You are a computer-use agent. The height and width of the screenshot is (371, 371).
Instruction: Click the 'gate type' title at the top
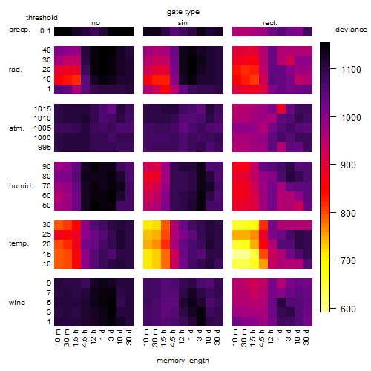click(183, 12)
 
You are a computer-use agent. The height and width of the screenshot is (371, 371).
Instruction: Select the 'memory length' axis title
click(183, 361)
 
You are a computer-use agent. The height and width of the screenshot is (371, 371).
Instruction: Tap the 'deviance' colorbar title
click(351, 30)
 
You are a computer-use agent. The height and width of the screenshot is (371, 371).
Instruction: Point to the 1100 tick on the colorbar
click(333, 69)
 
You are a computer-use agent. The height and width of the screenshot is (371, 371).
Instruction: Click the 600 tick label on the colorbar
click(348, 309)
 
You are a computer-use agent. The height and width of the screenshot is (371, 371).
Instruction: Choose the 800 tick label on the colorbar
click(348, 213)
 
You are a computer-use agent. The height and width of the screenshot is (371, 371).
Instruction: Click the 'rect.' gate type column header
click(270, 23)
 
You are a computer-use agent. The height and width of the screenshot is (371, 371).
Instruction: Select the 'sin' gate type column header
click(183, 23)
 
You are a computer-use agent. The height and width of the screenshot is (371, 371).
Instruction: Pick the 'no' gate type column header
click(96, 23)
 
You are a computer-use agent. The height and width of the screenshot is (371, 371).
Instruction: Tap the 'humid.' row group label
click(21, 186)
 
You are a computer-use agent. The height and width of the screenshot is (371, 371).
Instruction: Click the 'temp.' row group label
click(19, 243)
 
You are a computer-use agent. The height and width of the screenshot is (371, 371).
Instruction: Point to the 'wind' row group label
click(17, 303)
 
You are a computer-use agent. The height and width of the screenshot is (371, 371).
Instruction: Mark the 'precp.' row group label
click(19, 30)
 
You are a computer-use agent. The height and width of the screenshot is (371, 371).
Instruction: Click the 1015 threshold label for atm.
click(42, 109)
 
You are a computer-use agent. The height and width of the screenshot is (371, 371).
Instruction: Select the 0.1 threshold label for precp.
click(45, 31)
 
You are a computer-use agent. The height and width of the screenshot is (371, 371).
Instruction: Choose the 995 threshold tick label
click(45, 148)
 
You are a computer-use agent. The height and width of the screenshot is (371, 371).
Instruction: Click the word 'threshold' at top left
click(42, 18)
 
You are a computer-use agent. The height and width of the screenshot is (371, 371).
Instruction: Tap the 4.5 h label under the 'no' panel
click(85, 338)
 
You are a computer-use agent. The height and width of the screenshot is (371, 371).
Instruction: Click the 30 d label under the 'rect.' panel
click(306, 337)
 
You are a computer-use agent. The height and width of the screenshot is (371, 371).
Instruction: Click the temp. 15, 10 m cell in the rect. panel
click(237, 254)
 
